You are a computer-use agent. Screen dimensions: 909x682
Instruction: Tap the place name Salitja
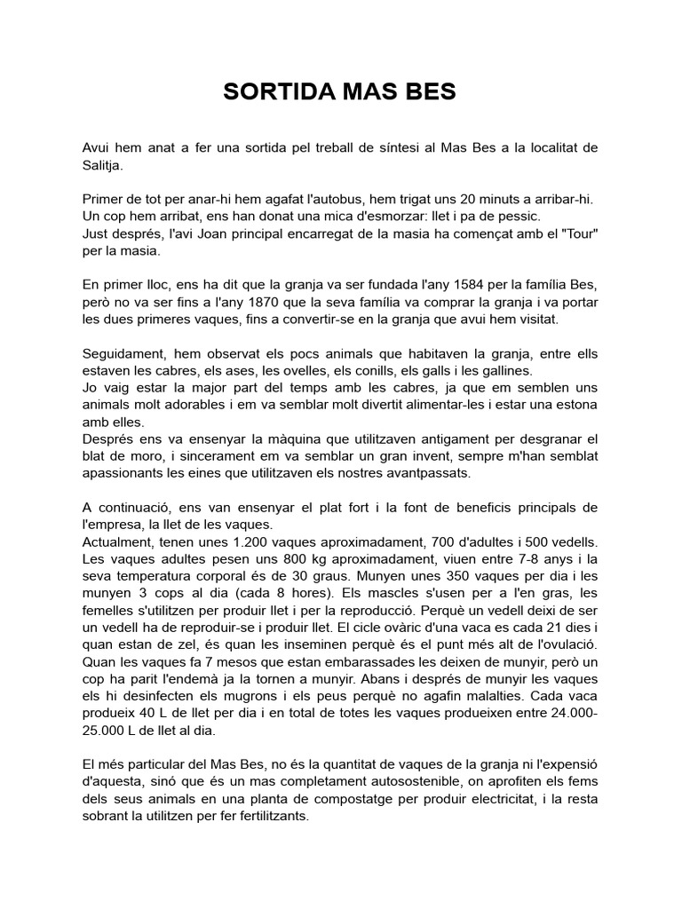pos(103,164)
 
